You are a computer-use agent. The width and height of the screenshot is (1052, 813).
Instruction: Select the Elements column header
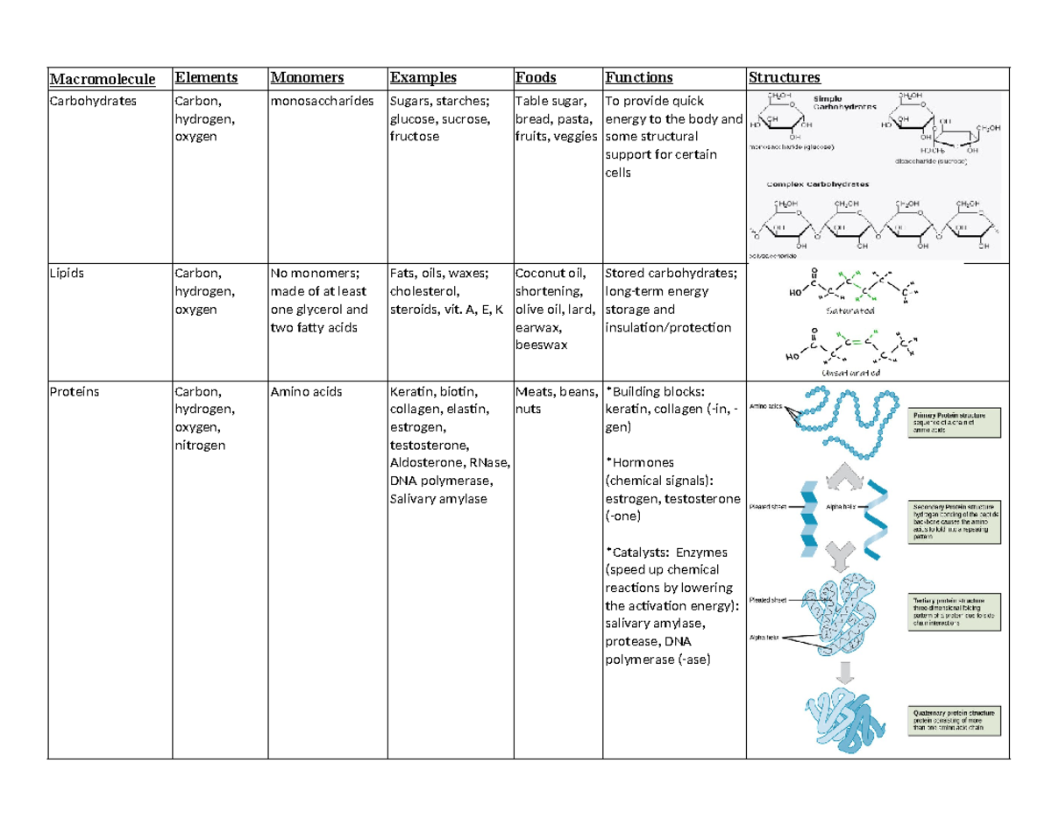tap(205, 79)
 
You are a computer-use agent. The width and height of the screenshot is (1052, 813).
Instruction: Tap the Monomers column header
tap(308, 79)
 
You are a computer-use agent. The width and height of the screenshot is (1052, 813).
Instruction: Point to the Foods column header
tap(536, 79)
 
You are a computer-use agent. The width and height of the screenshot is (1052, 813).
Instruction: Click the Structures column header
tap(783, 79)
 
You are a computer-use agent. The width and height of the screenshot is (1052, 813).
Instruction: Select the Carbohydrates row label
tap(88, 101)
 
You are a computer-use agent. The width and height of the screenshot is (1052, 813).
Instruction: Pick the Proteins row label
tap(74, 392)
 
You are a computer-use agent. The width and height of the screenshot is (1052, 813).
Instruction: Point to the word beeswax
tap(541, 345)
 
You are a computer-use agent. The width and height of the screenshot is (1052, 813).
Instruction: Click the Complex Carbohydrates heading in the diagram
tap(818, 185)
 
